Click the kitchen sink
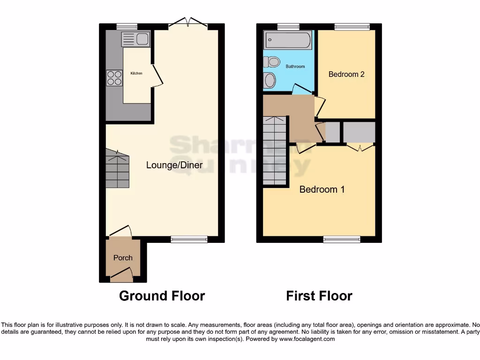(x=135, y=39)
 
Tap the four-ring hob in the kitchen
(x=114, y=78)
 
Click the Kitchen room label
(x=136, y=74)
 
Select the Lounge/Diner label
(x=174, y=165)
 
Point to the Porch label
(x=123, y=258)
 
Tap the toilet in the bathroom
(x=271, y=61)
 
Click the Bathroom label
(x=295, y=67)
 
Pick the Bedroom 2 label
(x=346, y=74)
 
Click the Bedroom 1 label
(x=322, y=189)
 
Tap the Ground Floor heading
(x=162, y=296)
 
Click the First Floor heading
(x=319, y=296)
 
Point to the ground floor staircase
(x=117, y=169)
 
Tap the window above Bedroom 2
(x=352, y=27)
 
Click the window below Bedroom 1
(x=342, y=240)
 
